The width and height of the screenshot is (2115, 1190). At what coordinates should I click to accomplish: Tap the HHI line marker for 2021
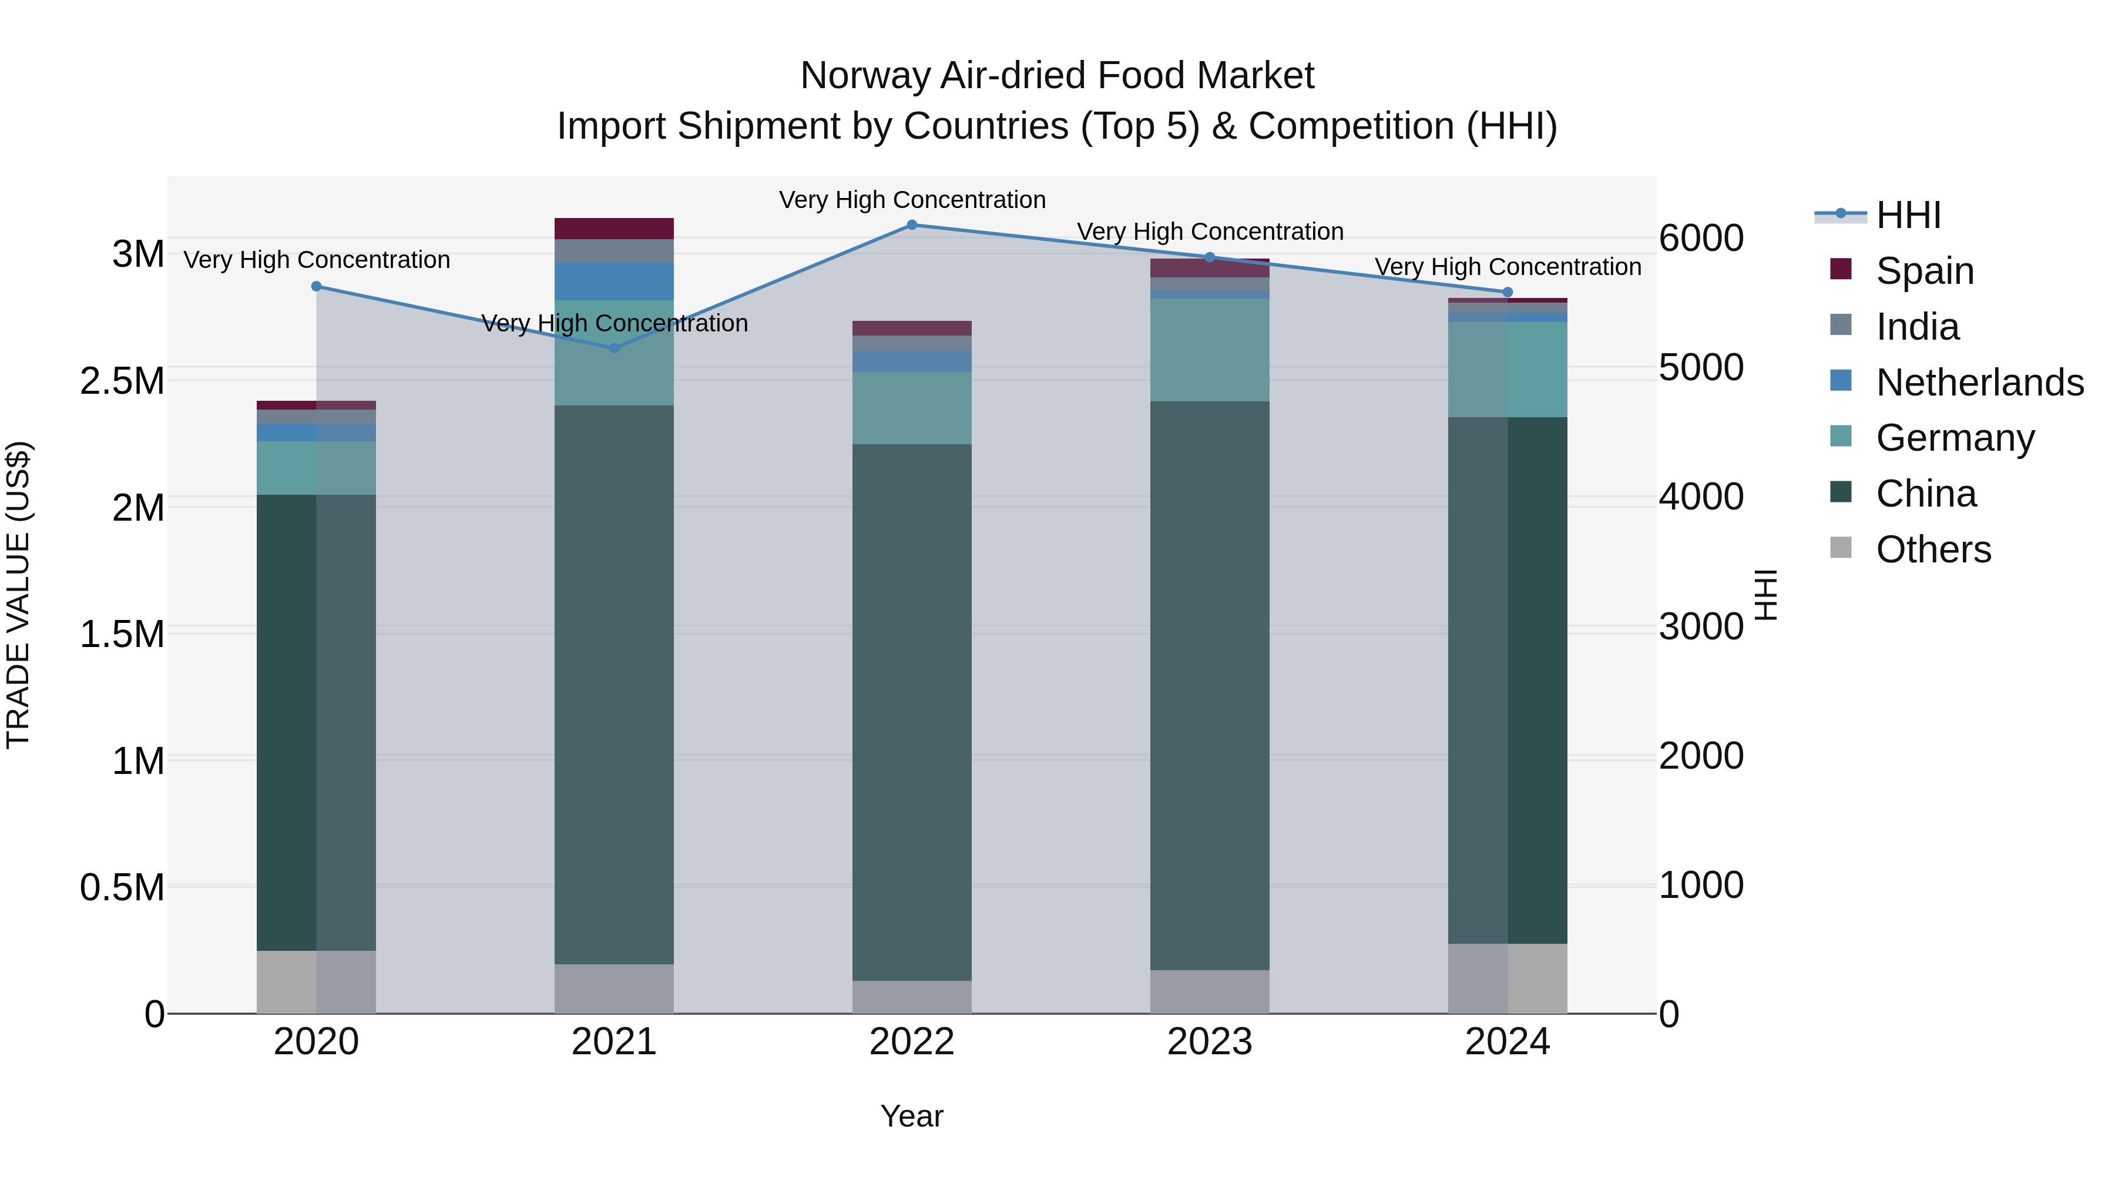click(x=614, y=348)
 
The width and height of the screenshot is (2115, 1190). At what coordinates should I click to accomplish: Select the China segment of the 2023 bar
click(x=1210, y=686)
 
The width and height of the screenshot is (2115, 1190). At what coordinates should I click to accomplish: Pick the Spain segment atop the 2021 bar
click(x=614, y=229)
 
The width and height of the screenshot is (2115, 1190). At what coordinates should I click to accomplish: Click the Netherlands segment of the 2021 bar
click(x=614, y=281)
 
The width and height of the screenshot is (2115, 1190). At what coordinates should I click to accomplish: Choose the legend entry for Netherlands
click(x=1979, y=383)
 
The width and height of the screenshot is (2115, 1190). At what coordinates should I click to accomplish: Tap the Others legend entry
click(x=1933, y=549)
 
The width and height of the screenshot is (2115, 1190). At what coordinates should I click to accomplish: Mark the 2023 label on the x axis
click(x=1210, y=1042)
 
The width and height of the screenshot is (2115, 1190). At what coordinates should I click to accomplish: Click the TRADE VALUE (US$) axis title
click(x=18, y=595)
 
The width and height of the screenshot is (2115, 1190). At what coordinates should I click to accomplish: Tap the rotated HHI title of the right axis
click(x=1765, y=595)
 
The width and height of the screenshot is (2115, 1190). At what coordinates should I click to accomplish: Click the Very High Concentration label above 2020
click(x=317, y=260)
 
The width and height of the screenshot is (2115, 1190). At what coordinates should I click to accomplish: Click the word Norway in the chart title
click(x=864, y=76)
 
